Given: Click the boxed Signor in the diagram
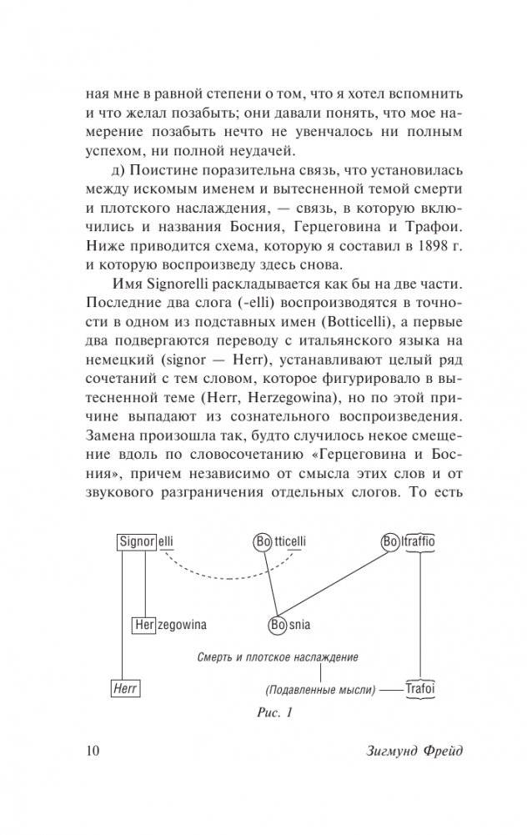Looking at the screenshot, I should [136, 541].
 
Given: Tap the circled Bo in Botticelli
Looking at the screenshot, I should [263, 541].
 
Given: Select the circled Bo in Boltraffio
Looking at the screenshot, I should [390, 541].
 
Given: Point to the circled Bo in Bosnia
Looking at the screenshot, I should [278, 624].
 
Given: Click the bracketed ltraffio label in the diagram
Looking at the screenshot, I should [421, 541].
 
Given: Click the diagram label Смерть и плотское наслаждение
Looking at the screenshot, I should [272, 656].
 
